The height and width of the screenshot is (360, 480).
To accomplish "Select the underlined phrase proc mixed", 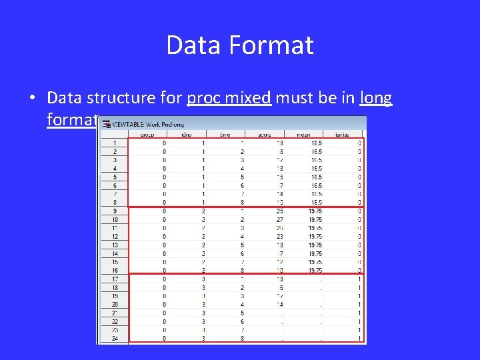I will [x=229, y=98].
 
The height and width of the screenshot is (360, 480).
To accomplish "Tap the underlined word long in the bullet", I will [x=376, y=98].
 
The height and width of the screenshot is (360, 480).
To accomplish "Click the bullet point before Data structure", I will [x=32, y=99].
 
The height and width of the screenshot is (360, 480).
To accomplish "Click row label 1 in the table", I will [x=114, y=143].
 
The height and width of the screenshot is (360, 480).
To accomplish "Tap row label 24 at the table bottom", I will [x=114, y=339].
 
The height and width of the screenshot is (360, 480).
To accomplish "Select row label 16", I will [x=114, y=271].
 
